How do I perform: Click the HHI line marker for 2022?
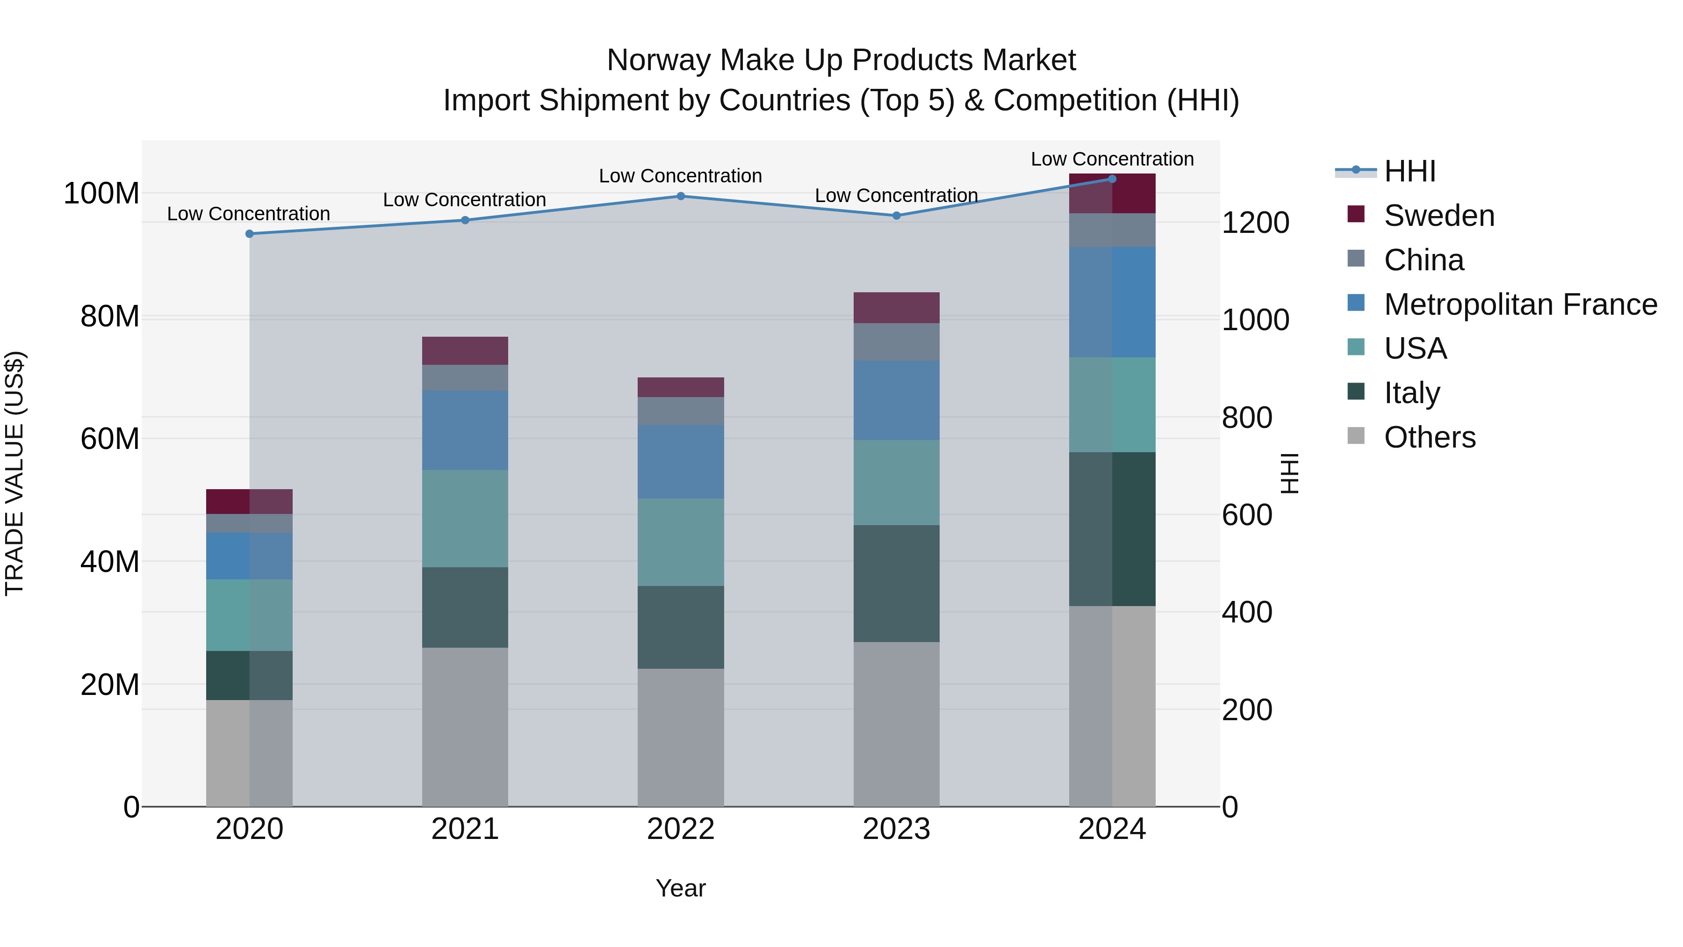tap(680, 196)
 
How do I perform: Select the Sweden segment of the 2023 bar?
tap(896, 307)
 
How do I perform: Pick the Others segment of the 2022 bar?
tap(680, 737)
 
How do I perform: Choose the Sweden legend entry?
tap(1438, 216)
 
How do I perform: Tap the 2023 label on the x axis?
tap(896, 829)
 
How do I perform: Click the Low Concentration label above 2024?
tap(1112, 159)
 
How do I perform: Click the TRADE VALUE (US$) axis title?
tap(15, 473)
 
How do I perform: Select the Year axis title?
tap(680, 888)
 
